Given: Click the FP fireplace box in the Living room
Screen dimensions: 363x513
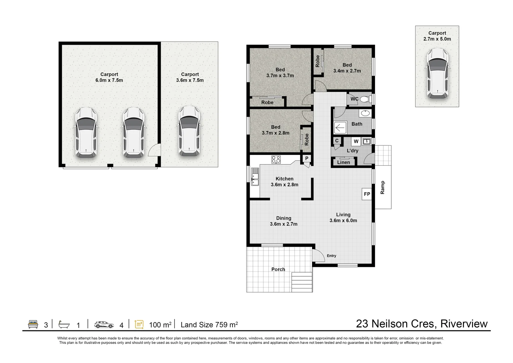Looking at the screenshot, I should coord(367,194).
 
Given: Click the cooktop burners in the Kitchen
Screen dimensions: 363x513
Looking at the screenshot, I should coord(276,160).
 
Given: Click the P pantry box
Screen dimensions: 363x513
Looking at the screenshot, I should coord(306,159).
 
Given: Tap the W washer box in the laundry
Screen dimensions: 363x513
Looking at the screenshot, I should coord(356,142).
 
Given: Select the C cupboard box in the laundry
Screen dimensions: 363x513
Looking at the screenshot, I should coord(337,141).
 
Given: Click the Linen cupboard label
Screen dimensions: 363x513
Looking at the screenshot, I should coord(344,162).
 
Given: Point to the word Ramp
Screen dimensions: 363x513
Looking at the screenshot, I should coord(382,188).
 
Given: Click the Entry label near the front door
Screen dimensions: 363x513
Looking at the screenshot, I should coord(331,256).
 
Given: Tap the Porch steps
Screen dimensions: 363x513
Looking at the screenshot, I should coord(302,282).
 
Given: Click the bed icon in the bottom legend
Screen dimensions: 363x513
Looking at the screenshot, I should coord(33,324).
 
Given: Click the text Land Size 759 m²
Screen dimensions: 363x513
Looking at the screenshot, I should coord(209,325).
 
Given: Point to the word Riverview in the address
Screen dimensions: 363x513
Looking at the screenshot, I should coord(464,324).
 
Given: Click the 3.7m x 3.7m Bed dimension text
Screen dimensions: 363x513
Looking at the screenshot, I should coord(280,76).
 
